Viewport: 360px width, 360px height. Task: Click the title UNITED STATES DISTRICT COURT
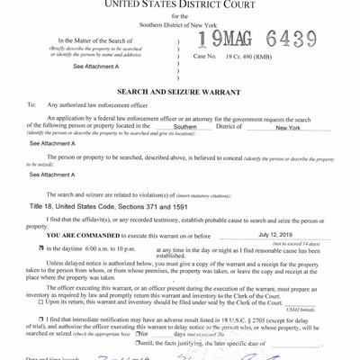click(180, 5)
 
